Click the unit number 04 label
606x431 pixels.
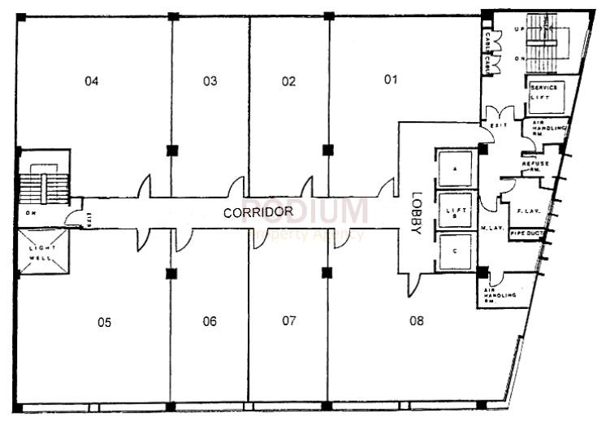click(92, 81)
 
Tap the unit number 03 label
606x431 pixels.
click(210, 81)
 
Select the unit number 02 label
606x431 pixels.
click(288, 81)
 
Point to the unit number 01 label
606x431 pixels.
click(391, 79)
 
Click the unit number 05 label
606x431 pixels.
click(104, 323)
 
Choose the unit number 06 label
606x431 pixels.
click(210, 321)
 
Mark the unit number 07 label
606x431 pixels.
click(289, 320)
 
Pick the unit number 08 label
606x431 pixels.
click(417, 320)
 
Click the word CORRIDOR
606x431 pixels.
click(258, 212)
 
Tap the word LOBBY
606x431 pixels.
click(417, 213)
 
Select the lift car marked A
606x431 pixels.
click(455, 169)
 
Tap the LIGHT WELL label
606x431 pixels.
click(42, 252)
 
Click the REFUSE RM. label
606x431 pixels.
click(536, 165)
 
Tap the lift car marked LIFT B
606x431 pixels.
click(455, 211)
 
